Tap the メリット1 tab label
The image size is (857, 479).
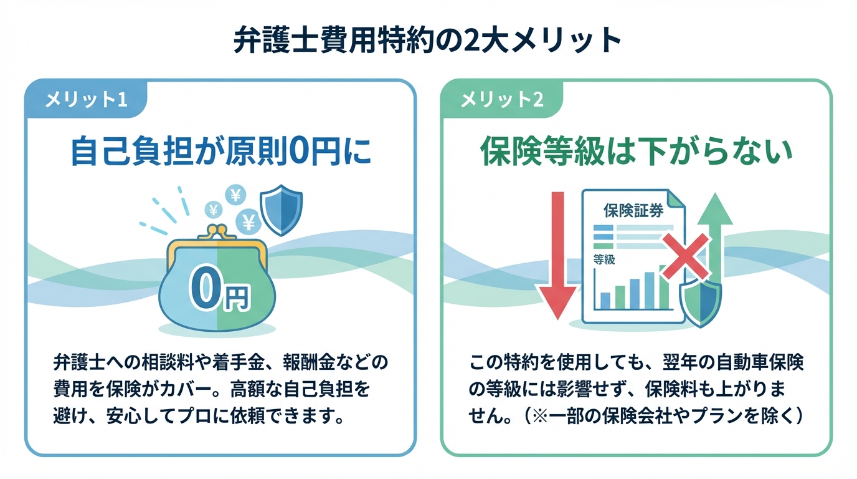[87, 100]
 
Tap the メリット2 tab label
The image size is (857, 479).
[502, 100]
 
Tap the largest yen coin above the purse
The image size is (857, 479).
[249, 221]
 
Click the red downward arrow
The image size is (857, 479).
[557, 256]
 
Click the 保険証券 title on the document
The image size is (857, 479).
[633, 210]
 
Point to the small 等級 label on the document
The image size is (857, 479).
[604, 259]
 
